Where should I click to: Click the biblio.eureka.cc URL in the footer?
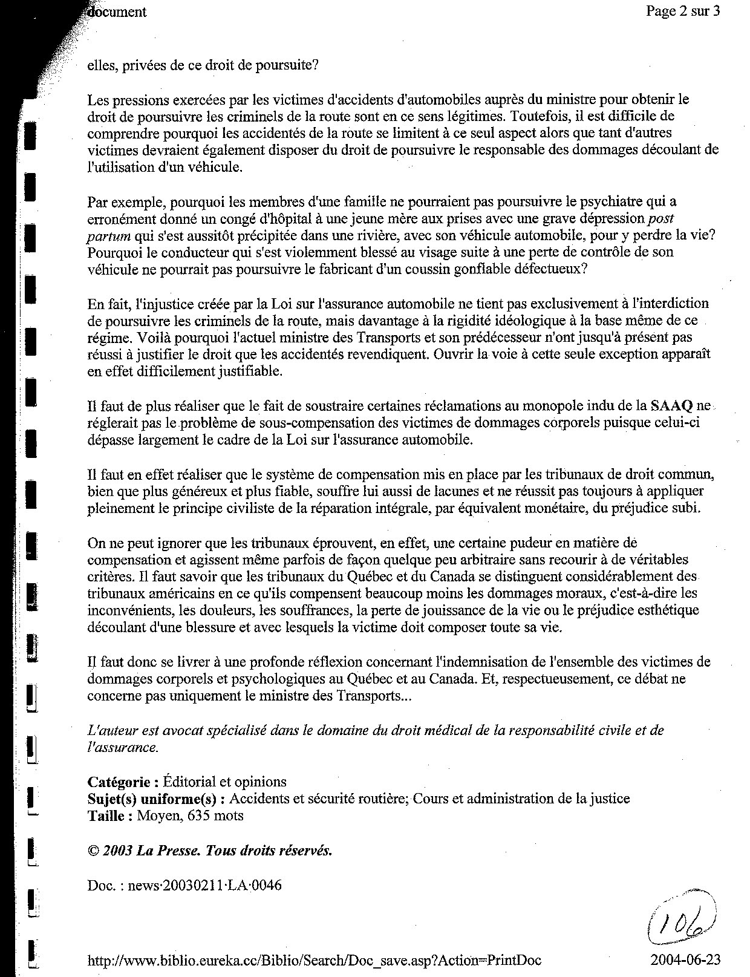[x=314, y=960]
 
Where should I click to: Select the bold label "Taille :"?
[x=110, y=815]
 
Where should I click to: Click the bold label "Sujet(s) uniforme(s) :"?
[x=157, y=799]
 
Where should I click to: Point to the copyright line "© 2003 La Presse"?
[x=210, y=851]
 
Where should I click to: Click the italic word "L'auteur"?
[x=110, y=730]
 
